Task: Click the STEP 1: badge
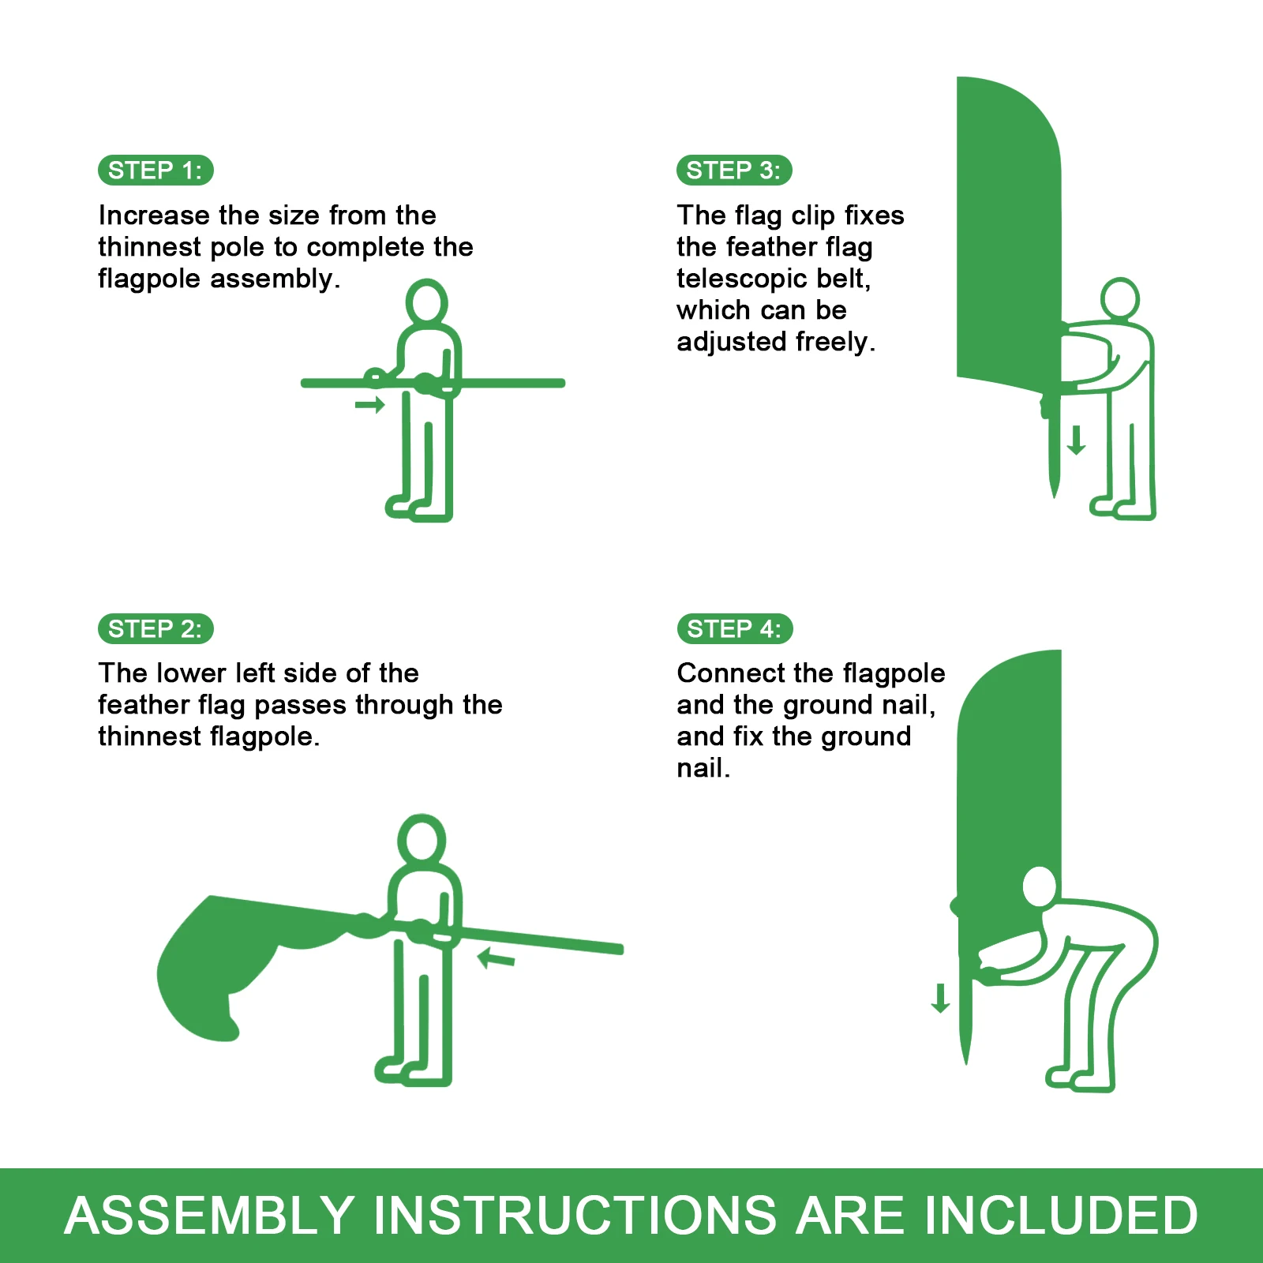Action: point(156,171)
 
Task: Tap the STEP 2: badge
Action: point(156,629)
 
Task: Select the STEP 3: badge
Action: point(734,171)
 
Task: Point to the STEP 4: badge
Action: point(735,629)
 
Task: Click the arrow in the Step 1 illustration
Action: point(369,405)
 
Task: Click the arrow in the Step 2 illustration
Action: point(497,958)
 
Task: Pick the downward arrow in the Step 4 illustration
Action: point(940,998)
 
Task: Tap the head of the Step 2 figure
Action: point(422,838)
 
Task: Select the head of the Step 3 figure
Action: point(1119,298)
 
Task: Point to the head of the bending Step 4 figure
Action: point(1040,886)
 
